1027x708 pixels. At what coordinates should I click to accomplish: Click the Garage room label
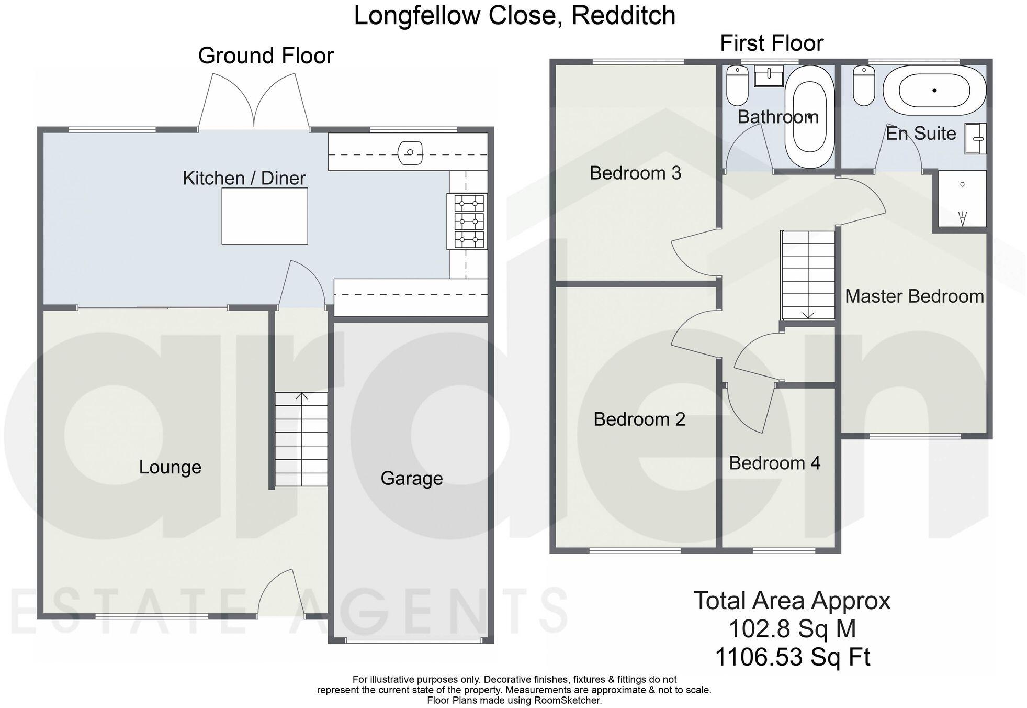point(411,479)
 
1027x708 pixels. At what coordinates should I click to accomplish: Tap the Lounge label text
point(170,467)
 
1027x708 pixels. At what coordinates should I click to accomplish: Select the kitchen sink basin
point(410,153)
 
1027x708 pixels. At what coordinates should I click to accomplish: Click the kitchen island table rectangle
point(264,216)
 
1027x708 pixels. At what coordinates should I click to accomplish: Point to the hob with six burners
point(468,222)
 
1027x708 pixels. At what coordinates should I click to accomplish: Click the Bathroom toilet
point(737,86)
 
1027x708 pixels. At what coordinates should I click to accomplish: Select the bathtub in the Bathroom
point(809,116)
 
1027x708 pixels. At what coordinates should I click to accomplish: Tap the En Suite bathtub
point(934,91)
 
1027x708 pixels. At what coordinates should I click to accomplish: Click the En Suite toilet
point(863,86)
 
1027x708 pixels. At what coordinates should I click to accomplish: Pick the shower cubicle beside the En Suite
point(962,199)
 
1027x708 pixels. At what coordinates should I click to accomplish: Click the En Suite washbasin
point(975,139)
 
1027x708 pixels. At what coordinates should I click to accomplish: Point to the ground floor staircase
point(301,439)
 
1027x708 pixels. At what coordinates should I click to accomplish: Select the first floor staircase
point(808,275)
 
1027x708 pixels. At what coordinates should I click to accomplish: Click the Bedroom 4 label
point(774,463)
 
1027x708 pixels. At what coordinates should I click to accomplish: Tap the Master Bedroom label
point(914,296)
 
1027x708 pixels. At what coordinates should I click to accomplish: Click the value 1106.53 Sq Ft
point(792,657)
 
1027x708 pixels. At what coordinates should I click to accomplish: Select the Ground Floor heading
point(266,56)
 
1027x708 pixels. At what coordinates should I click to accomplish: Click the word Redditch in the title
point(623,16)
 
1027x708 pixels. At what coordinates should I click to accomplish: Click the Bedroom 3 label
point(635,173)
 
